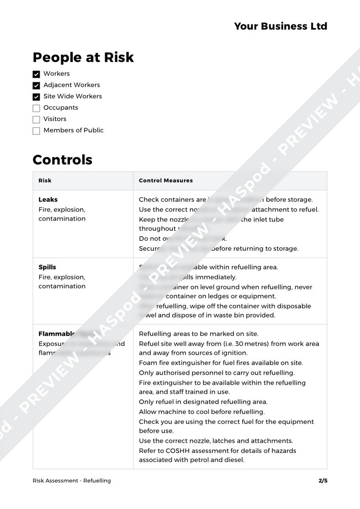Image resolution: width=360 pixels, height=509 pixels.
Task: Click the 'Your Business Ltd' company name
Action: [281, 26]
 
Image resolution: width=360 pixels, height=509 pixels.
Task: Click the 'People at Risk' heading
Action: [83, 57]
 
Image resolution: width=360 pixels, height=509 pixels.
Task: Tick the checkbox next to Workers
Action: [37, 74]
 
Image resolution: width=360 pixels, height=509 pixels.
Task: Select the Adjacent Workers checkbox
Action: [37, 85]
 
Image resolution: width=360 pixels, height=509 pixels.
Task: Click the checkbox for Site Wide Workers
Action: [37, 97]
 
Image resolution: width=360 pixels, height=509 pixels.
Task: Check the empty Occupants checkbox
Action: [37, 108]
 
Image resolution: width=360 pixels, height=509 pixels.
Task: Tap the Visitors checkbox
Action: [37, 120]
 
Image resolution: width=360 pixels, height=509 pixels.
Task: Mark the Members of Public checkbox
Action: [37, 131]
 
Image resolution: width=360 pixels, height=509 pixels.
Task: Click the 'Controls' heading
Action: [62, 160]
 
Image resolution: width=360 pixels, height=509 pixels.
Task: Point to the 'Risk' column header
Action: [45, 180]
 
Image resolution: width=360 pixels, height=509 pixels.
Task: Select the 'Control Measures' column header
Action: [165, 180]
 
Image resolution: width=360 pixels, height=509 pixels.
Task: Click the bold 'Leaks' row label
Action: [48, 200]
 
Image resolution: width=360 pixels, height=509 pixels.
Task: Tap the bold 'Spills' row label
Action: [48, 267]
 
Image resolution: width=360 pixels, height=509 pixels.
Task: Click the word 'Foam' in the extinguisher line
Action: [148, 363]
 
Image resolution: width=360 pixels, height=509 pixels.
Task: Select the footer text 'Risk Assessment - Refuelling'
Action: [72, 481]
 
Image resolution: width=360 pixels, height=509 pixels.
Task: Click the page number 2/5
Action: [323, 481]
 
